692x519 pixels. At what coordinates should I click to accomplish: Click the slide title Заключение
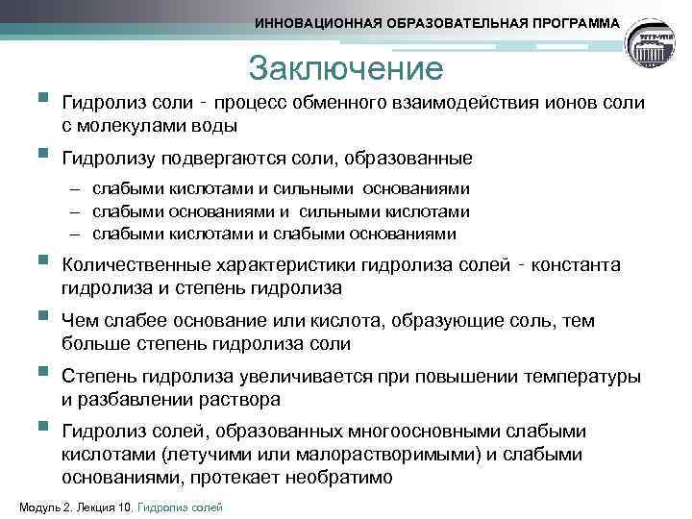coord(345,68)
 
